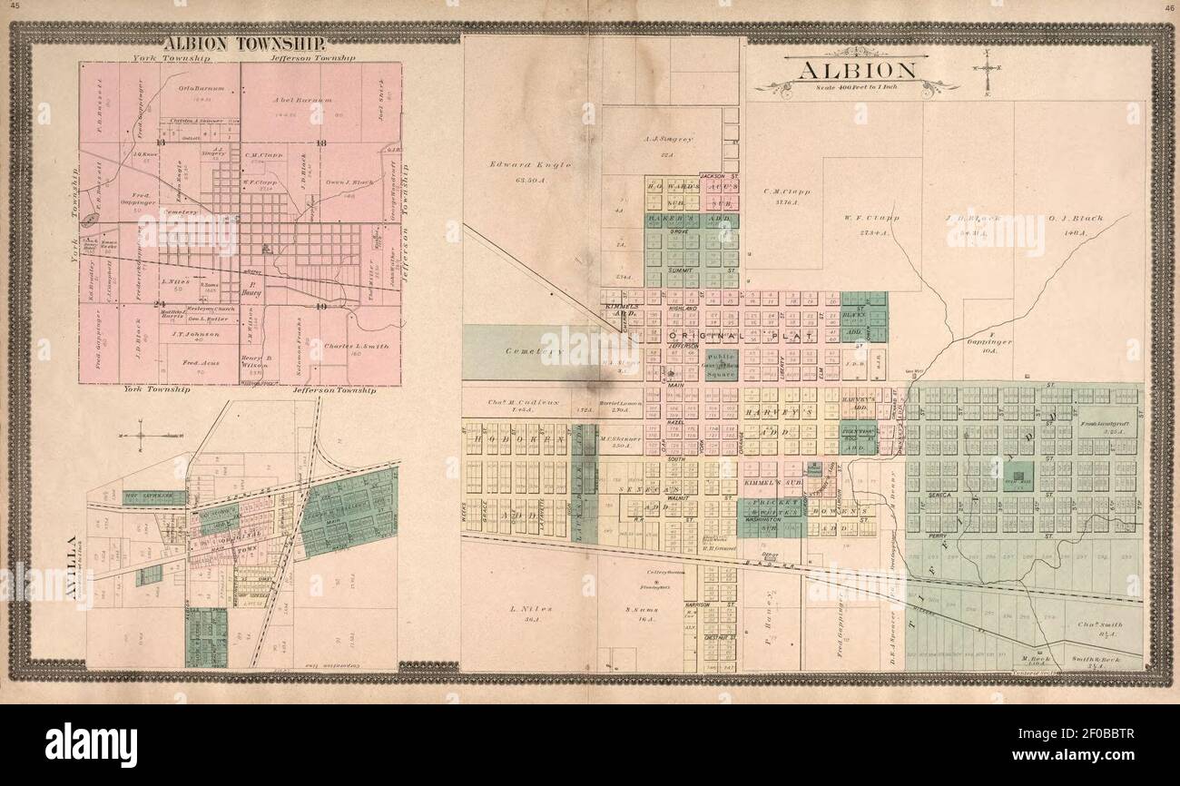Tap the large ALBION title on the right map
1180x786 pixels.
[x=856, y=71]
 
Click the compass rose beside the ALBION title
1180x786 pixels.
[x=987, y=69]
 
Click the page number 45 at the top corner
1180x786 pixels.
[x=10, y=7]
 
